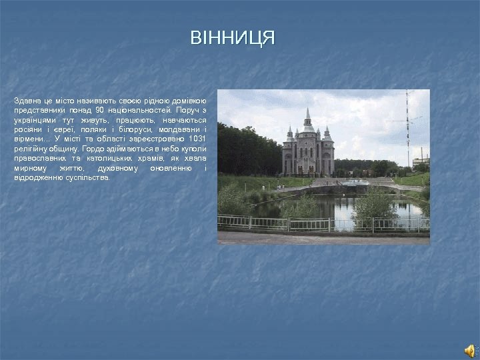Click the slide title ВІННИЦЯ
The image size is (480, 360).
click(x=232, y=38)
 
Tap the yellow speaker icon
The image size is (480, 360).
click(x=469, y=351)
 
